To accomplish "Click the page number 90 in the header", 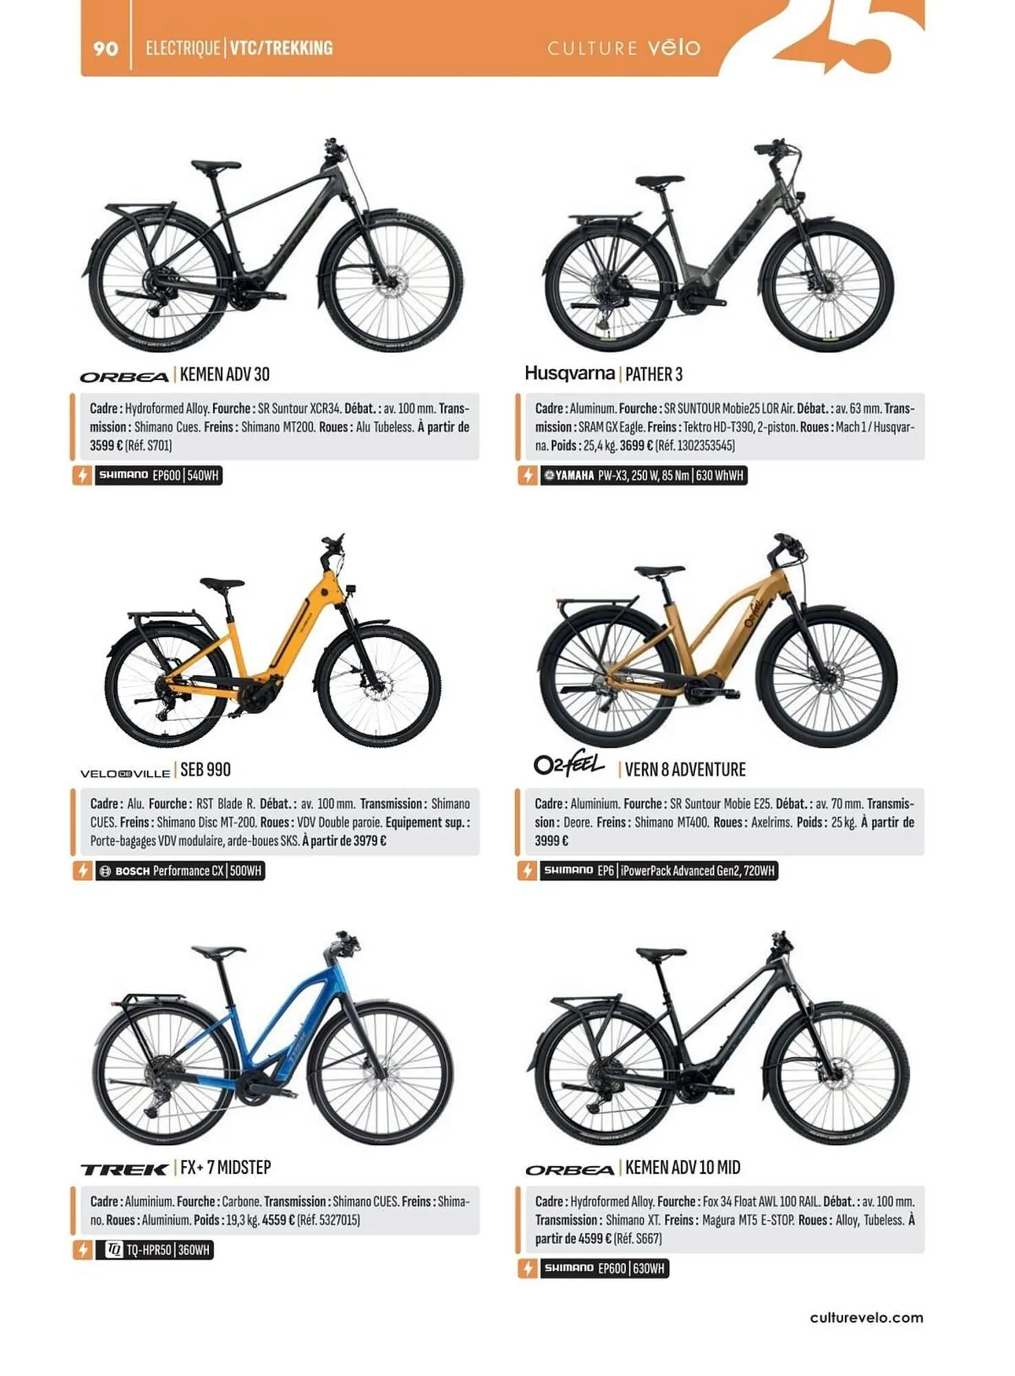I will (x=105, y=48).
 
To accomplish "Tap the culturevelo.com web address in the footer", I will (x=866, y=1318).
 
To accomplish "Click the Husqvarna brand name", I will (x=569, y=374).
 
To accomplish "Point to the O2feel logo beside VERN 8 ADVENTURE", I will (x=569, y=765).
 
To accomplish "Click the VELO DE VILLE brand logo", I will (x=125, y=773).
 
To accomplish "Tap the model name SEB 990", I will (x=206, y=770).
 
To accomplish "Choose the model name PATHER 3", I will (x=653, y=375).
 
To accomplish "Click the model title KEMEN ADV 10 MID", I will (x=682, y=1168).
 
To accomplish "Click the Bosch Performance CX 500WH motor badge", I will (x=179, y=871).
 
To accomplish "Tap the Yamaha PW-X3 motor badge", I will (x=643, y=475).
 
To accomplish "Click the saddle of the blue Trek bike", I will (x=219, y=952).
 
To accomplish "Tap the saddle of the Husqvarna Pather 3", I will (x=659, y=182).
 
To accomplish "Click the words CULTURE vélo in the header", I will (x=624, y=48).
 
